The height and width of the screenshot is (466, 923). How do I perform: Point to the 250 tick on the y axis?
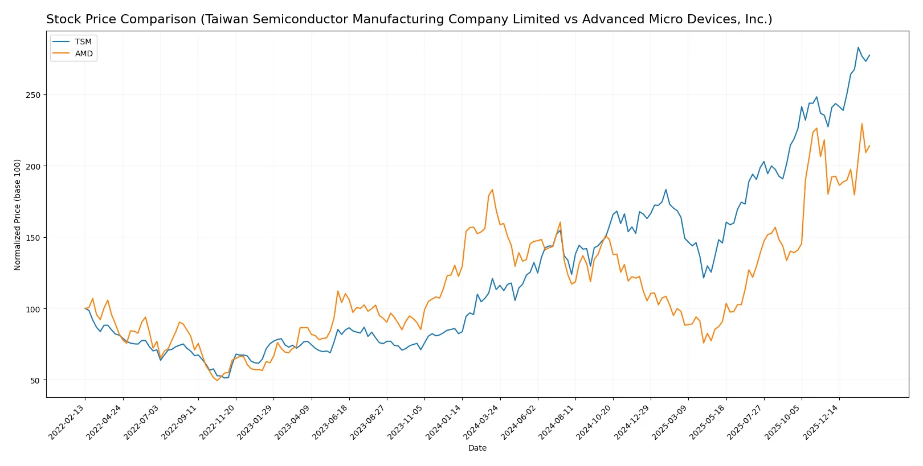33,95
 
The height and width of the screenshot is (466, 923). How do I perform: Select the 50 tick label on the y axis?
35,381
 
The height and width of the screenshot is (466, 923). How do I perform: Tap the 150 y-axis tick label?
33,238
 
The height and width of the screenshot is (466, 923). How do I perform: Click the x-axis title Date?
477,448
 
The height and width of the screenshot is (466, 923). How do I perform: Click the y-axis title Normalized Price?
18,215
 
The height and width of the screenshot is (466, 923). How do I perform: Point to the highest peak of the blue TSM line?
858,47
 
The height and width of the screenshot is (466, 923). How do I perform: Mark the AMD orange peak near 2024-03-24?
492,190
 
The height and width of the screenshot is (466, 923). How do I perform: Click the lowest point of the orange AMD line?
217,381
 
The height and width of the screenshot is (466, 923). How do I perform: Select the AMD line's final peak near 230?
862,123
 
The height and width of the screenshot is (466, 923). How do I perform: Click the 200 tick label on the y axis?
33,167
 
